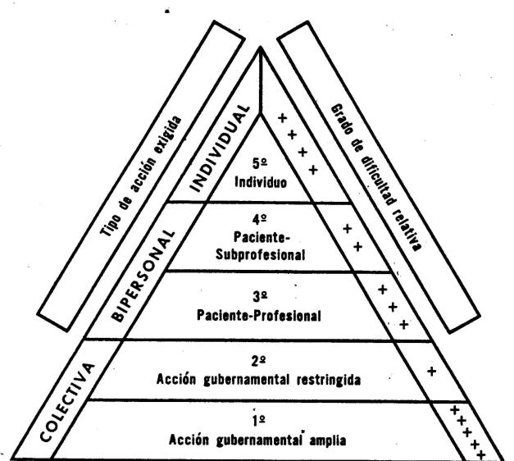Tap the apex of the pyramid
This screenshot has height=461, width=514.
[261, 48]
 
